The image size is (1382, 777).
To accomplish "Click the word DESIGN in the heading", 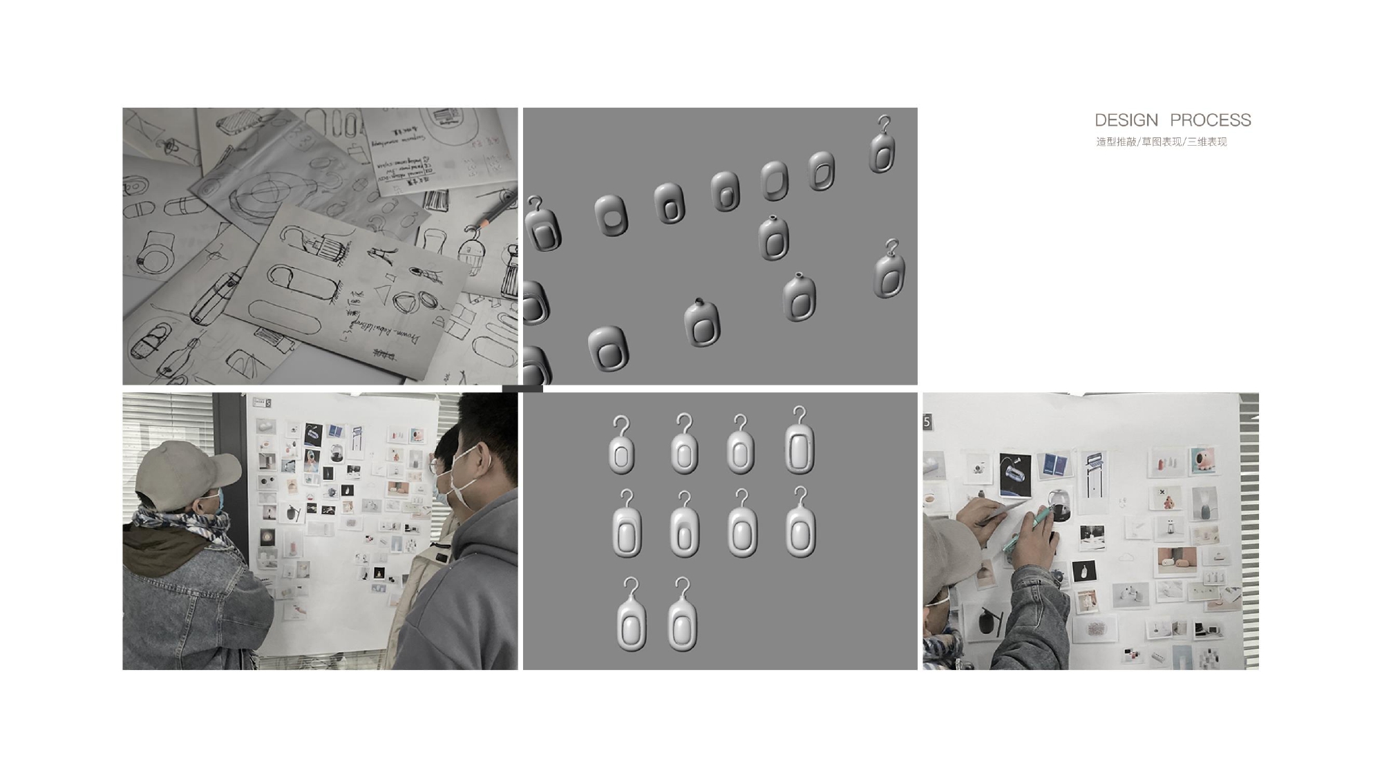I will (1126, 120).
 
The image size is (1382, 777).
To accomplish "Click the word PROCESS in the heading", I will (1210, 120).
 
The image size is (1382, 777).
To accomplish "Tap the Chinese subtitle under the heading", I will (1161, 142).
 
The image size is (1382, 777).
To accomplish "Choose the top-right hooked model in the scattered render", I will (882, 146).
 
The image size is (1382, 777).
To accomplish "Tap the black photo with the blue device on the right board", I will (1015, 474).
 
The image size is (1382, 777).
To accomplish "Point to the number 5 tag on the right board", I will (927, 421).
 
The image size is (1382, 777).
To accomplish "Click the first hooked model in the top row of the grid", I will (621, 447).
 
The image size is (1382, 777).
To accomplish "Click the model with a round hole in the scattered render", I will (611, 215).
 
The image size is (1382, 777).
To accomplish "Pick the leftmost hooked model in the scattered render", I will (542, 225).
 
